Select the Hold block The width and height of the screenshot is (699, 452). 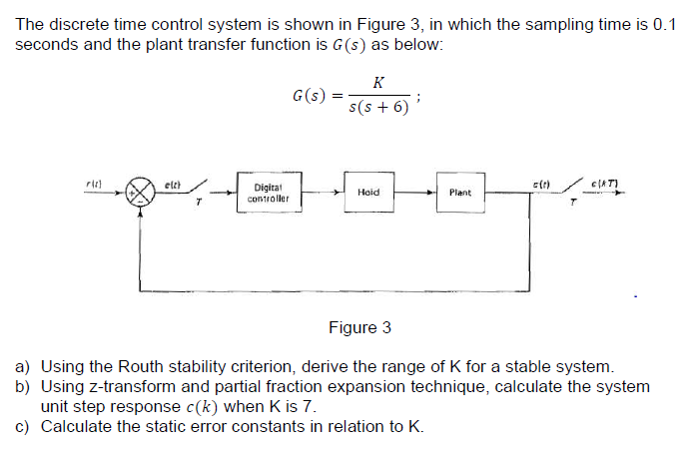[367, 192]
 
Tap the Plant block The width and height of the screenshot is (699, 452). [460, 192]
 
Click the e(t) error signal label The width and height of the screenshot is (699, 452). [171, 182]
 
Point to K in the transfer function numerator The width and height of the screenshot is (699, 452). [377, 83]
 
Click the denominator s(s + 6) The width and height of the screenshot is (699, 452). [378, 108]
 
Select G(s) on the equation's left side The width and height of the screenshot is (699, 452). [310, 96]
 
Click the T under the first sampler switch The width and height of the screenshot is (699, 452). [199, 203]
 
